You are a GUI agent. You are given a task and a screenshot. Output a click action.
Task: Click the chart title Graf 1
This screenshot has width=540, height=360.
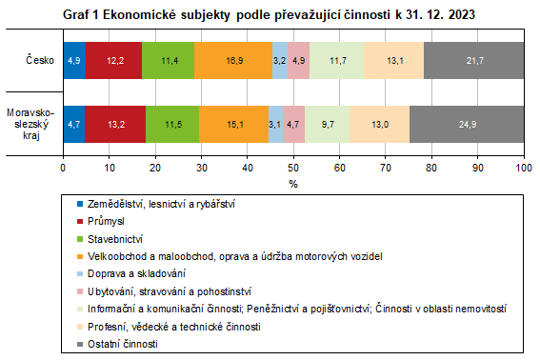(x=270, y=16)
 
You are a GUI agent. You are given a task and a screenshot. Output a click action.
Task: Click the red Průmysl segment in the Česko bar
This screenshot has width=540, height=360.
(x=113, y=61)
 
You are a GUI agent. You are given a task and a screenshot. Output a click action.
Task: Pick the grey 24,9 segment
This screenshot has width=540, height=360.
(x=467, y=123)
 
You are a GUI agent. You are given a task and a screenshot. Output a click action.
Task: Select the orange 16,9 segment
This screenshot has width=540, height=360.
(x=232, y=61)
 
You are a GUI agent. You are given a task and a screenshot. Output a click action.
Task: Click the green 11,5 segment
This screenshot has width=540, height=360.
(x=172, y=123)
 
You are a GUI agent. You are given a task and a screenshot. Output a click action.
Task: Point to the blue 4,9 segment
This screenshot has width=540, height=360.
(x=74, y=61)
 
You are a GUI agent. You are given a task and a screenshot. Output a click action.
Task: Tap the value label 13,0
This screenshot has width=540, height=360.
(x=379, y=123)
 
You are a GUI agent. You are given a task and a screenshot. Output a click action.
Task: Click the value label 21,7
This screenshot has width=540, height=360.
(x=473, y=61)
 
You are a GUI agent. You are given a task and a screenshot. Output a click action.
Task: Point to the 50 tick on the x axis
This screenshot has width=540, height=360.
(x=293, y=168)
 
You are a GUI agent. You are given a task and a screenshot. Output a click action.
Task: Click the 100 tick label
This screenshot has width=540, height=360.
(x=524, y=168)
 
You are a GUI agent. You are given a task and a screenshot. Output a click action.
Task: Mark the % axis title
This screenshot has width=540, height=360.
(x=293, y=184)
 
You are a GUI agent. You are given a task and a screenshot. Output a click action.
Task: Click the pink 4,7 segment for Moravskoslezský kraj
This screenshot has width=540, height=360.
(x=293, y=123)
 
